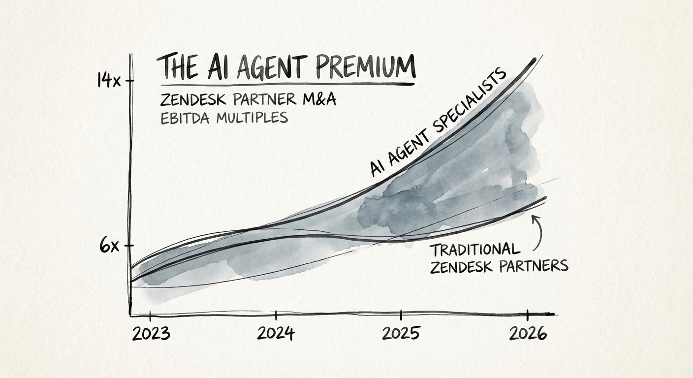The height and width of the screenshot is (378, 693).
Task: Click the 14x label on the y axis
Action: point(108,80)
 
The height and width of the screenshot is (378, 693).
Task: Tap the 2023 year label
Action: point(151,334)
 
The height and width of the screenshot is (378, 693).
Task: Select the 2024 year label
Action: point(276,334)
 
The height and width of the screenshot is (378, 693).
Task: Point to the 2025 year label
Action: point(401,334)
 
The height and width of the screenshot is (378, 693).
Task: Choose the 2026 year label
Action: point(528,334)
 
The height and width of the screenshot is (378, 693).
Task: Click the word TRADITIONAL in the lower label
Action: point(474,250)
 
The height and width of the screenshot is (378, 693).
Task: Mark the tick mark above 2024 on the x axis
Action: point(276,315)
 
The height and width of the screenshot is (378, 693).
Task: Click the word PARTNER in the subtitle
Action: point(264,100)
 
